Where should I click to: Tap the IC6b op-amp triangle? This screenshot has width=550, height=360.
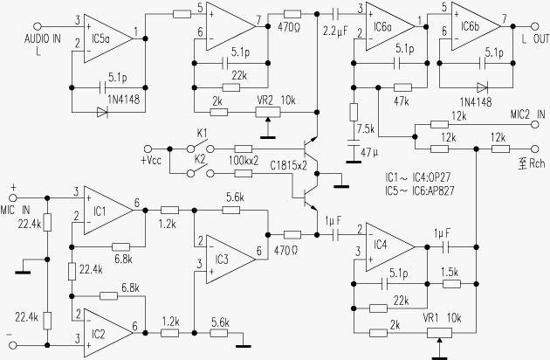[x=471, y=24]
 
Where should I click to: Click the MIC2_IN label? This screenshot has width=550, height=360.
[x=526, y=114]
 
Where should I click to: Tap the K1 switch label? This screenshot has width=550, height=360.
[x=201, y=133]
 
